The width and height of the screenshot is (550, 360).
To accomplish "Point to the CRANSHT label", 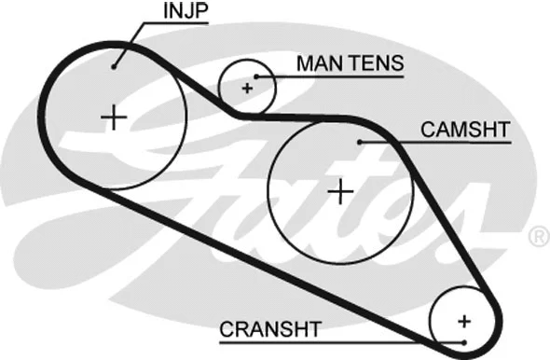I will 270,329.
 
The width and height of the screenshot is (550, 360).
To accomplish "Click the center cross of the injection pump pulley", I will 114,118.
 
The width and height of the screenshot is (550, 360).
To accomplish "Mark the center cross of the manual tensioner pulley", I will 247,89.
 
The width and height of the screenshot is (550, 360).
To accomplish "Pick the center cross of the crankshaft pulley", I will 464,321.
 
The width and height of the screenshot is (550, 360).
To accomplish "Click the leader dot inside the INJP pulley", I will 114,64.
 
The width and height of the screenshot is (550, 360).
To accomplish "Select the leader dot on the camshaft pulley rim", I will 359,142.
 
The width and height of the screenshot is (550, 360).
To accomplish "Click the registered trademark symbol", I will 538,238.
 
